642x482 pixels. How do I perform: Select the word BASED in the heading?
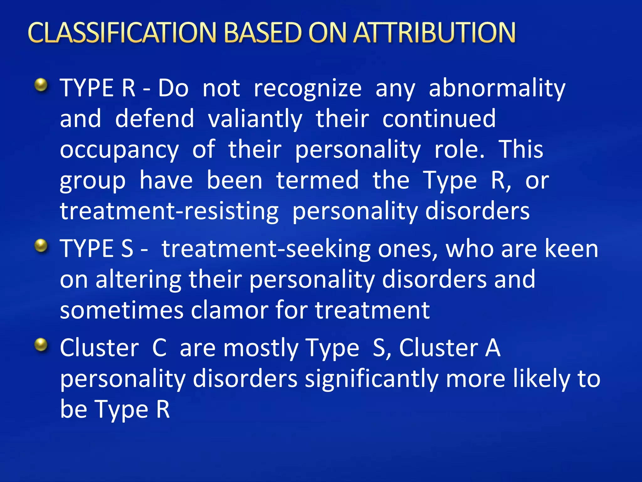click(x=263, y=33)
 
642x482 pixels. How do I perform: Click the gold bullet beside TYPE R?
click(x=41, y=85)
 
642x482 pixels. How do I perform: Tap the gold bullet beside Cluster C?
click(x=41, y=345)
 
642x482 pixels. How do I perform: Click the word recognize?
click(x=308, y=88)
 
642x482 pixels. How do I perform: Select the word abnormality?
click(x=497, y=88)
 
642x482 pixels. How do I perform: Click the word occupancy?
click(x=119, y=150)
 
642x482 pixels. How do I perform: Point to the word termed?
click(x=317, y=181)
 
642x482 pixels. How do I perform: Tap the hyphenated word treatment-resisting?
click(x=169, y=211)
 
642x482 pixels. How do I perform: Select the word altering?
click(x=138, y=280)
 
